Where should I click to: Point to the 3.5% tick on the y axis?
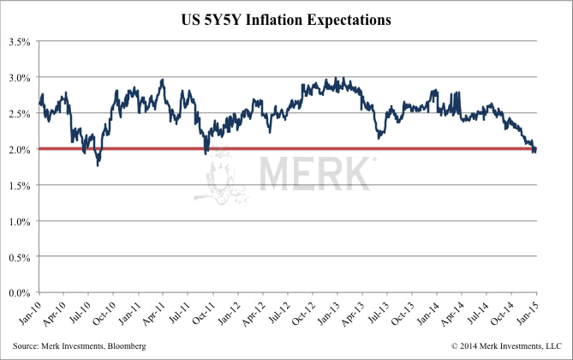[20, 41]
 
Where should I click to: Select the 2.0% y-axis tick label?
[20, 149]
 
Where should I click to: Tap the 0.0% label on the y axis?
[20, 292]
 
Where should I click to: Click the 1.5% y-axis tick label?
[20, 185]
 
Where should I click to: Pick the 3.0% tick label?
[20, 77]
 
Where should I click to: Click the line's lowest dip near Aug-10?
[98, 164]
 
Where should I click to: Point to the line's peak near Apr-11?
[163, 80]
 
